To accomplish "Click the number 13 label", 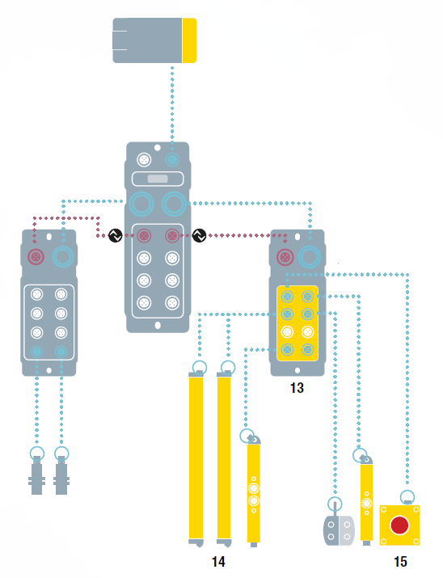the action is pyautogui.click(x=297, y=388).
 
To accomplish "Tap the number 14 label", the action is pyautogui.click(x=218, y=561).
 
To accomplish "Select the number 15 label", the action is pyautogui.click(x=400, y=561).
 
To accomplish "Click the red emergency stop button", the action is pyautogui.click(x=399, y=525).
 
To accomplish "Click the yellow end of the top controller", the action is pyautogui.click(x=189, y=40).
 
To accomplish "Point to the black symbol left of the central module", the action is pyautogui.click(x=116, y=235).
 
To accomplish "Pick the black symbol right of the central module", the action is pyautogui.click(x=199, y=235).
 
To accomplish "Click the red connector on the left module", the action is pyautogui.click(x=36, y=257).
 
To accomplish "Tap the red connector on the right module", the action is pyautogui.click(x=285, y=257).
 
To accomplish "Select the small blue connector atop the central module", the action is pyautogui.click(x=171, y=160).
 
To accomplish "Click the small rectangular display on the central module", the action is pyautogui.click(x=158, y=179).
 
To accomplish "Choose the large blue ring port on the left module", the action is pyautogui.click(x=63, y=256).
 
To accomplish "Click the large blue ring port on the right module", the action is pyautogui.click(x=310, y=256).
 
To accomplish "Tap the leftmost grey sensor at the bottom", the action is pyautogui.click(x=37, y=475).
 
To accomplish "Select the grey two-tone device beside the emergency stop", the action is pyautogui.click(x=339, y=529).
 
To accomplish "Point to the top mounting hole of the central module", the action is pyautogui.click(x=158, y=148).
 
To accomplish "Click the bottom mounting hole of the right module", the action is pyautogui.click(x=297, y=370).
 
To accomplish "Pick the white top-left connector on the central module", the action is pyautogui.click(x=144, y=160).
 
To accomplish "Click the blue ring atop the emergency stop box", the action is pyautogui.click(x=407, y=496).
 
